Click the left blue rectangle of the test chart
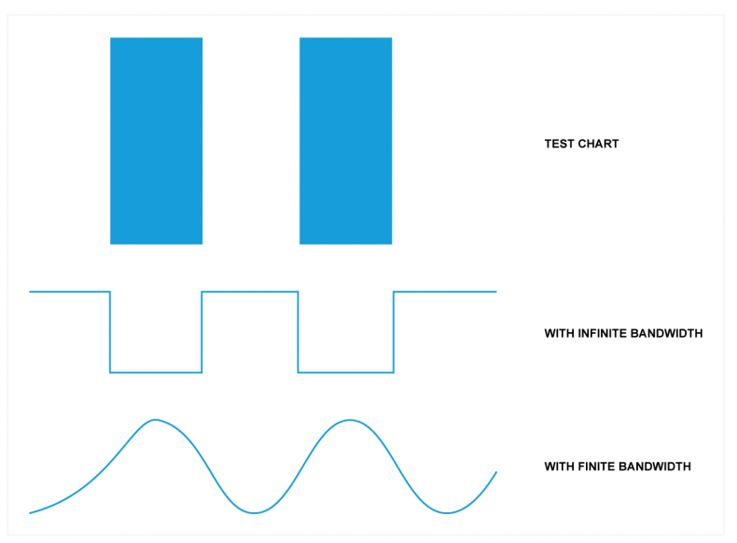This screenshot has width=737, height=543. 156,141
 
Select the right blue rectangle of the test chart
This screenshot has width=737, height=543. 345,141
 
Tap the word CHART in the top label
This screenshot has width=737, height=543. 598,144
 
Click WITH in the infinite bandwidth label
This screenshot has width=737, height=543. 559,333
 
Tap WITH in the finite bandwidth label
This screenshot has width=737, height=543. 559,466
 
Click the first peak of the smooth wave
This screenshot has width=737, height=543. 155,419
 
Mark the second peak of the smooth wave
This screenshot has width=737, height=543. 350,420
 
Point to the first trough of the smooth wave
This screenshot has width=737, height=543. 255,512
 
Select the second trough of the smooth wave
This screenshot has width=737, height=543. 447,512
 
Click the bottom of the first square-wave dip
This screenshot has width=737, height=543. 156,372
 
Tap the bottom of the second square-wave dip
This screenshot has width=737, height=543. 346,372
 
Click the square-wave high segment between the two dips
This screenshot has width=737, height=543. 250,292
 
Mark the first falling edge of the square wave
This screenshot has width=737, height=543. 110,332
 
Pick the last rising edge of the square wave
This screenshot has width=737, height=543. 394,332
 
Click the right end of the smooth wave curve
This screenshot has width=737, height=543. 496,472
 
